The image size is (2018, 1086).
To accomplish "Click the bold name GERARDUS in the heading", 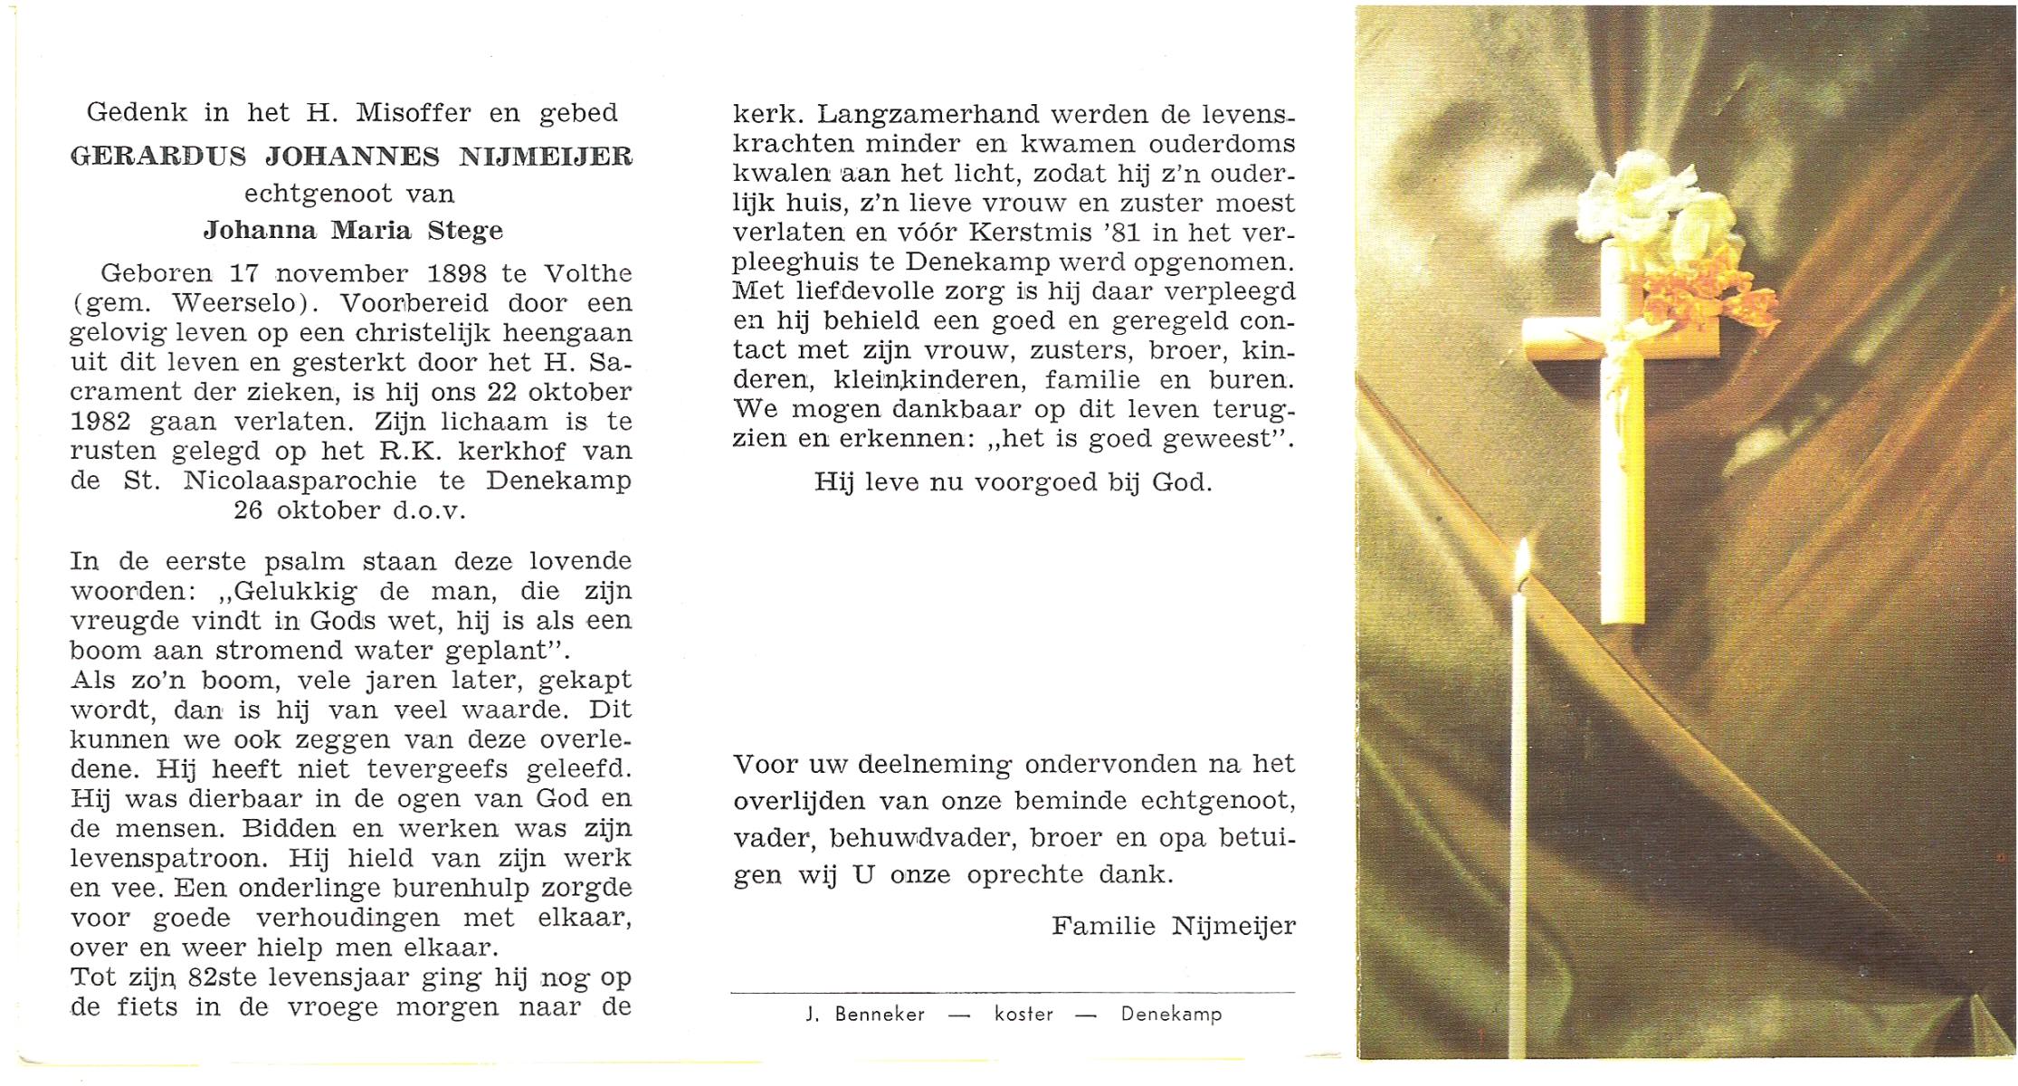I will point(157,156).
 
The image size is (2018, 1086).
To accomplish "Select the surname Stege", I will point(466,230).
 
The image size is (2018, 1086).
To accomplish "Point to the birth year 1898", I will point(457,272).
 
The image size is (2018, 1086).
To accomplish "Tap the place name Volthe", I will point(587,272).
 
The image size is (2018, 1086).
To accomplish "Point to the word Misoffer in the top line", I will point(414,112).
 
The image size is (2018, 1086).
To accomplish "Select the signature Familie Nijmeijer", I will point(1174,926).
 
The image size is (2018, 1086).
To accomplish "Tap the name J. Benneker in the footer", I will point(865,1015).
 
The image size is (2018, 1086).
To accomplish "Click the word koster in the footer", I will point(1023,1015).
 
